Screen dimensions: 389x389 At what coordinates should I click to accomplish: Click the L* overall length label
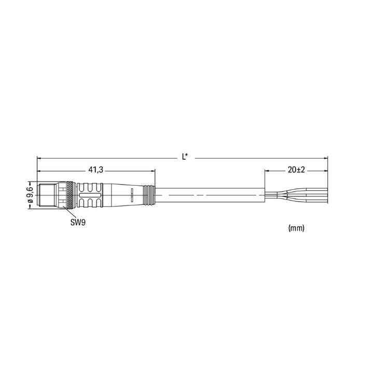pyautogui.click(x=185, y=157)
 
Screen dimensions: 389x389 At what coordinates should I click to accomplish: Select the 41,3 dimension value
pyautogui.click(x=96, y=170)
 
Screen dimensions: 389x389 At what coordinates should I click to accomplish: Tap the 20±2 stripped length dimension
pyautogui.click(x=296, y=170)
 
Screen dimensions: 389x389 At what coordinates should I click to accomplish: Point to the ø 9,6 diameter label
pyautogui.click(x=30, y=195)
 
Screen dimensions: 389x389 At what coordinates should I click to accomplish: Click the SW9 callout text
pyautogui.click(x=78, y=223)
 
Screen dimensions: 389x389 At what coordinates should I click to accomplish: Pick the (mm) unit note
pyautogui.click(x=296, y=228)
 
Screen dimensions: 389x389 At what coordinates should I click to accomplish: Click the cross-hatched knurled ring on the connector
pyautogui.click(x=71, y=195)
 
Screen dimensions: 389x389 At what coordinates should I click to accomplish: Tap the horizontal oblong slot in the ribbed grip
pyautogui.click(x=90, y=195)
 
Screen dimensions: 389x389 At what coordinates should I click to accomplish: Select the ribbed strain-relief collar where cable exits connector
pyautogui.click(x=149, y=195)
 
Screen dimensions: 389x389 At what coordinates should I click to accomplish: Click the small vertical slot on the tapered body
pyautogui.click(x=132, y=195)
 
